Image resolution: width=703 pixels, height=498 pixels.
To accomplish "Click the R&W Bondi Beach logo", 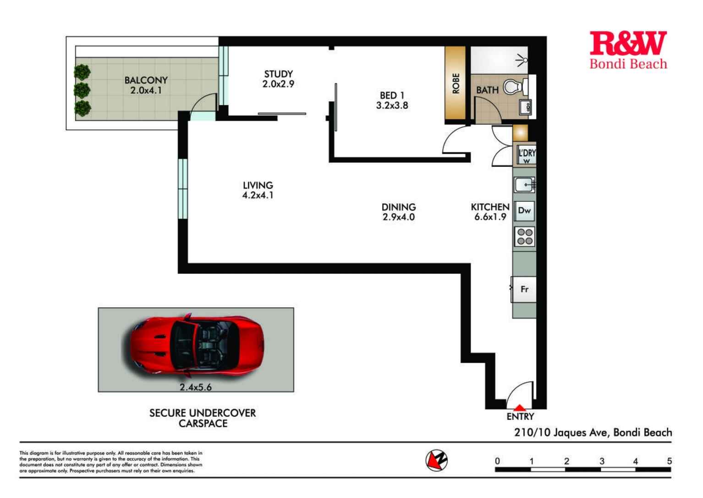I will click(x=628, y=50).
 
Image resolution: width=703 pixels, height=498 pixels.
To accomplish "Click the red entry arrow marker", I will click(x=520, y=407).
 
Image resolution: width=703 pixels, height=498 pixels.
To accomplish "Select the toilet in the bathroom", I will click(x=514, y=87).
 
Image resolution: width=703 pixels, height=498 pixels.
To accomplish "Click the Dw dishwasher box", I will click(x=524, y=210).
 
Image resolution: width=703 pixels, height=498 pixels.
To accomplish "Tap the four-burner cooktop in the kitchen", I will click(x=525, y=237).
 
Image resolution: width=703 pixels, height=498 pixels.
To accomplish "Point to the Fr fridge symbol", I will click(x=525, y=289).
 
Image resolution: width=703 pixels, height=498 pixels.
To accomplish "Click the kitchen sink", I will click(x=524, y=185).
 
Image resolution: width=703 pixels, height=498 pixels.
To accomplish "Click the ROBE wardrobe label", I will click(x=456, y=84).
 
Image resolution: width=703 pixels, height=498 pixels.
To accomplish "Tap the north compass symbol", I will click(x=437, y=460).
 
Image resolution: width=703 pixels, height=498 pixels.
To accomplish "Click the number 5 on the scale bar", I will click(x=670, y=461).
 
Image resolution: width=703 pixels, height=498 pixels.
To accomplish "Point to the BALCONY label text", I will click(x=146, y=80).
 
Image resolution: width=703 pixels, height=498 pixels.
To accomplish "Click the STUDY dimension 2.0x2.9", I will click(x=278, y=84).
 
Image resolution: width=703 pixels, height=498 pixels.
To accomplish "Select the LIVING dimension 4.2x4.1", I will click(x=258, y=195).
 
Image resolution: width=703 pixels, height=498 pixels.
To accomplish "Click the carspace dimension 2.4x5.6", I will click(x=196, y=387).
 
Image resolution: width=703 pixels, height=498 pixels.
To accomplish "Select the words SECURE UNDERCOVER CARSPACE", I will click(x=203, y=418).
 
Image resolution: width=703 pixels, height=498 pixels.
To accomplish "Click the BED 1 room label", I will click(x=392, y=95).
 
